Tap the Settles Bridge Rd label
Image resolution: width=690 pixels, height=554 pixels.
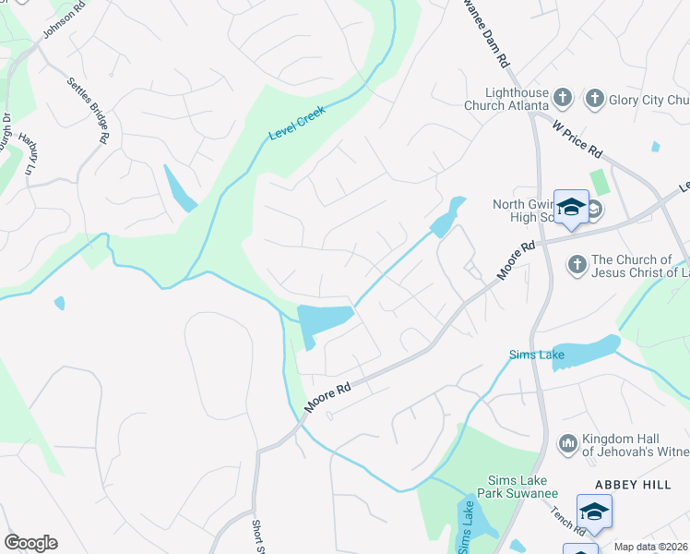coord(89,109)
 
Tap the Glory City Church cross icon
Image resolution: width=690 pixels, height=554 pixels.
coord(594,99)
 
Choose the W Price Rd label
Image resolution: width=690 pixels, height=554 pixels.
coord(578,137)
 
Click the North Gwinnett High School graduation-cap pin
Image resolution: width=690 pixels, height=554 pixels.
coord(571,207)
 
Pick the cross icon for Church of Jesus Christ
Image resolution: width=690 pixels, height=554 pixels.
coord(577,266)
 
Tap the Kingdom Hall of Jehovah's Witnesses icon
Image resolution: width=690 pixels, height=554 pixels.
coord(567,445)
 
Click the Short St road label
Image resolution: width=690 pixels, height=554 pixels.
coord(257,537)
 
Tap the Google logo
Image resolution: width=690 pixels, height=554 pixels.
coord(30,543)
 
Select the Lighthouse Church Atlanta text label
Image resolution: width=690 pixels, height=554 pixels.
coord(517,100)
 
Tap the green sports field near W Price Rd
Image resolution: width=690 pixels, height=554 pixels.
coord(601,183)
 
